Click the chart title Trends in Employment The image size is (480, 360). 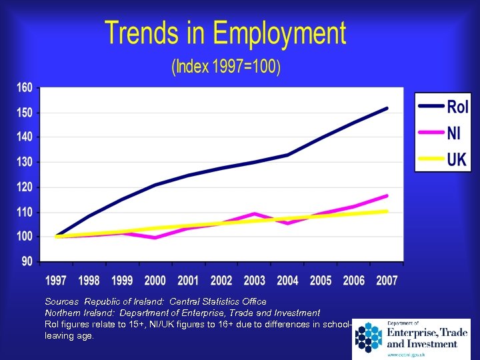pyautogui.click(x=225, y=33)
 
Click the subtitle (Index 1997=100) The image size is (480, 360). pyautogui.click(x=226, y=67)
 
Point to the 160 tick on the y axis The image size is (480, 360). pyautogui.click(x=24, y=88)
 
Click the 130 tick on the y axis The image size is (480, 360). pyautogui.click(x=24, y=162)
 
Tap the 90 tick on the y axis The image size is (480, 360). pyautogui.click(x=27, y=261)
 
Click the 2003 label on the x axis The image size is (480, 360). pyautogui.click(x=254, y=281)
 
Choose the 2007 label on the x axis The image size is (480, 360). pyautogui.click(x=386, y=281)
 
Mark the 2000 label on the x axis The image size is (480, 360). pyautogui.click(x=156, y=281)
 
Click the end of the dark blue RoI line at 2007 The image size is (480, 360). pyautogui.click(x=387, y=108)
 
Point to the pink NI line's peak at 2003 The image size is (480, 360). pyautogui.click(x=254, y=214)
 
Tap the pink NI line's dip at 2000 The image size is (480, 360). pyautogui.click(x=155, y=237)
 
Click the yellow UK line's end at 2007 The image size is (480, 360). pyautogui.click(x=387, y=211)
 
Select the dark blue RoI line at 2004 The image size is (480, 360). pyautogui.click(x=287, y=155)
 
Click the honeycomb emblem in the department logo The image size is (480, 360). pyautogui.click(x=368, y=337)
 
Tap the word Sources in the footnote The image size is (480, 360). pyautogui.click(x=61, y=302)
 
